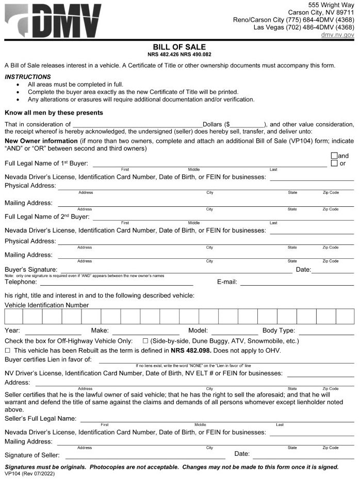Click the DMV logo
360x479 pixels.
pyautogui.click(x=54, y=20)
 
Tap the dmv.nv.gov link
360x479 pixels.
pyautogui.click(x=337, y=35)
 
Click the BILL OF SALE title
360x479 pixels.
pyautogui.click(x=179, y=47)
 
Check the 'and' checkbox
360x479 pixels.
pyautogui.click(x=334, y=156)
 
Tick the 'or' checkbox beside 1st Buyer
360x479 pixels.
pyautogui.click(x=334, y=163)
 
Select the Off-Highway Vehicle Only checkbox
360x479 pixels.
pyautogui.click(x=145, y=341)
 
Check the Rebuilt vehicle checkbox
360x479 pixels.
pyautogui.click(x=8, y=350)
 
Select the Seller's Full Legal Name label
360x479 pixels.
pyautogui.click(x=41, y=418)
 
